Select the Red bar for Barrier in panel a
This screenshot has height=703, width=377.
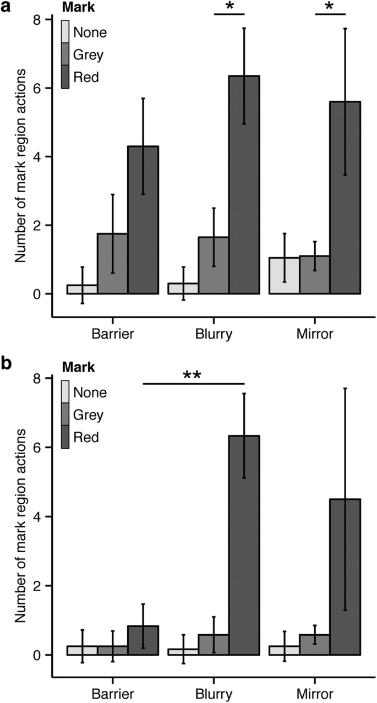pos(143,220)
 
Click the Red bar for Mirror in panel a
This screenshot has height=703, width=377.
pos(345,198)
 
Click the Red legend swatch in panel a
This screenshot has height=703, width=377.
pos(65,78)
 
